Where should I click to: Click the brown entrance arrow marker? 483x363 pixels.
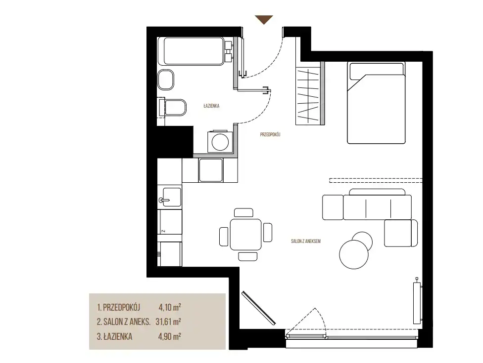point(264,19)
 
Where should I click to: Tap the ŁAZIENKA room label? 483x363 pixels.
point(211,106)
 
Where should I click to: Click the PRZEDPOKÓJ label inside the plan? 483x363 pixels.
point(270,135)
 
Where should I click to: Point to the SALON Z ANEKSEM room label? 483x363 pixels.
point(305,242)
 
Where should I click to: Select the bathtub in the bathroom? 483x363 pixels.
point(194,51)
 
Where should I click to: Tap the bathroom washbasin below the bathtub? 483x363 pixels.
point(166,80)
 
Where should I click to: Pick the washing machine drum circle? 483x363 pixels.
point(220,141)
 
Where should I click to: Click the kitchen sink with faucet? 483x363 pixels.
point(169,197)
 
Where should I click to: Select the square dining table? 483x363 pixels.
point(246,234)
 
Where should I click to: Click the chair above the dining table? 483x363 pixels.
point(243,213)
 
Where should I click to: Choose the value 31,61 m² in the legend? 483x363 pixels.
point(168,322)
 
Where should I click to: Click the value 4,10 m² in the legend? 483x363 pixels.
point(170,307)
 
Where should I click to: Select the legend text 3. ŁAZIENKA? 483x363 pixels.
point(115,336)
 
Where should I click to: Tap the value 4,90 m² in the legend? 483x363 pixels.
point(169,336)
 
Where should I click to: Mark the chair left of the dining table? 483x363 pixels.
point(224,237)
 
